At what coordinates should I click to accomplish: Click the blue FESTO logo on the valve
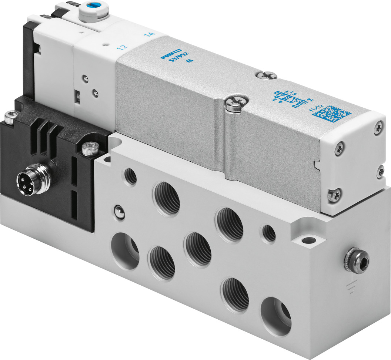click(x=171, y=54)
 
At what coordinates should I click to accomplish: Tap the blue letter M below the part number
click(x=191, y=63)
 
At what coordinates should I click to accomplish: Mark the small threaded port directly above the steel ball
click(x=130, y=176)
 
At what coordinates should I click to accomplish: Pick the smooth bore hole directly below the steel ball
click(x=125, y=250)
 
